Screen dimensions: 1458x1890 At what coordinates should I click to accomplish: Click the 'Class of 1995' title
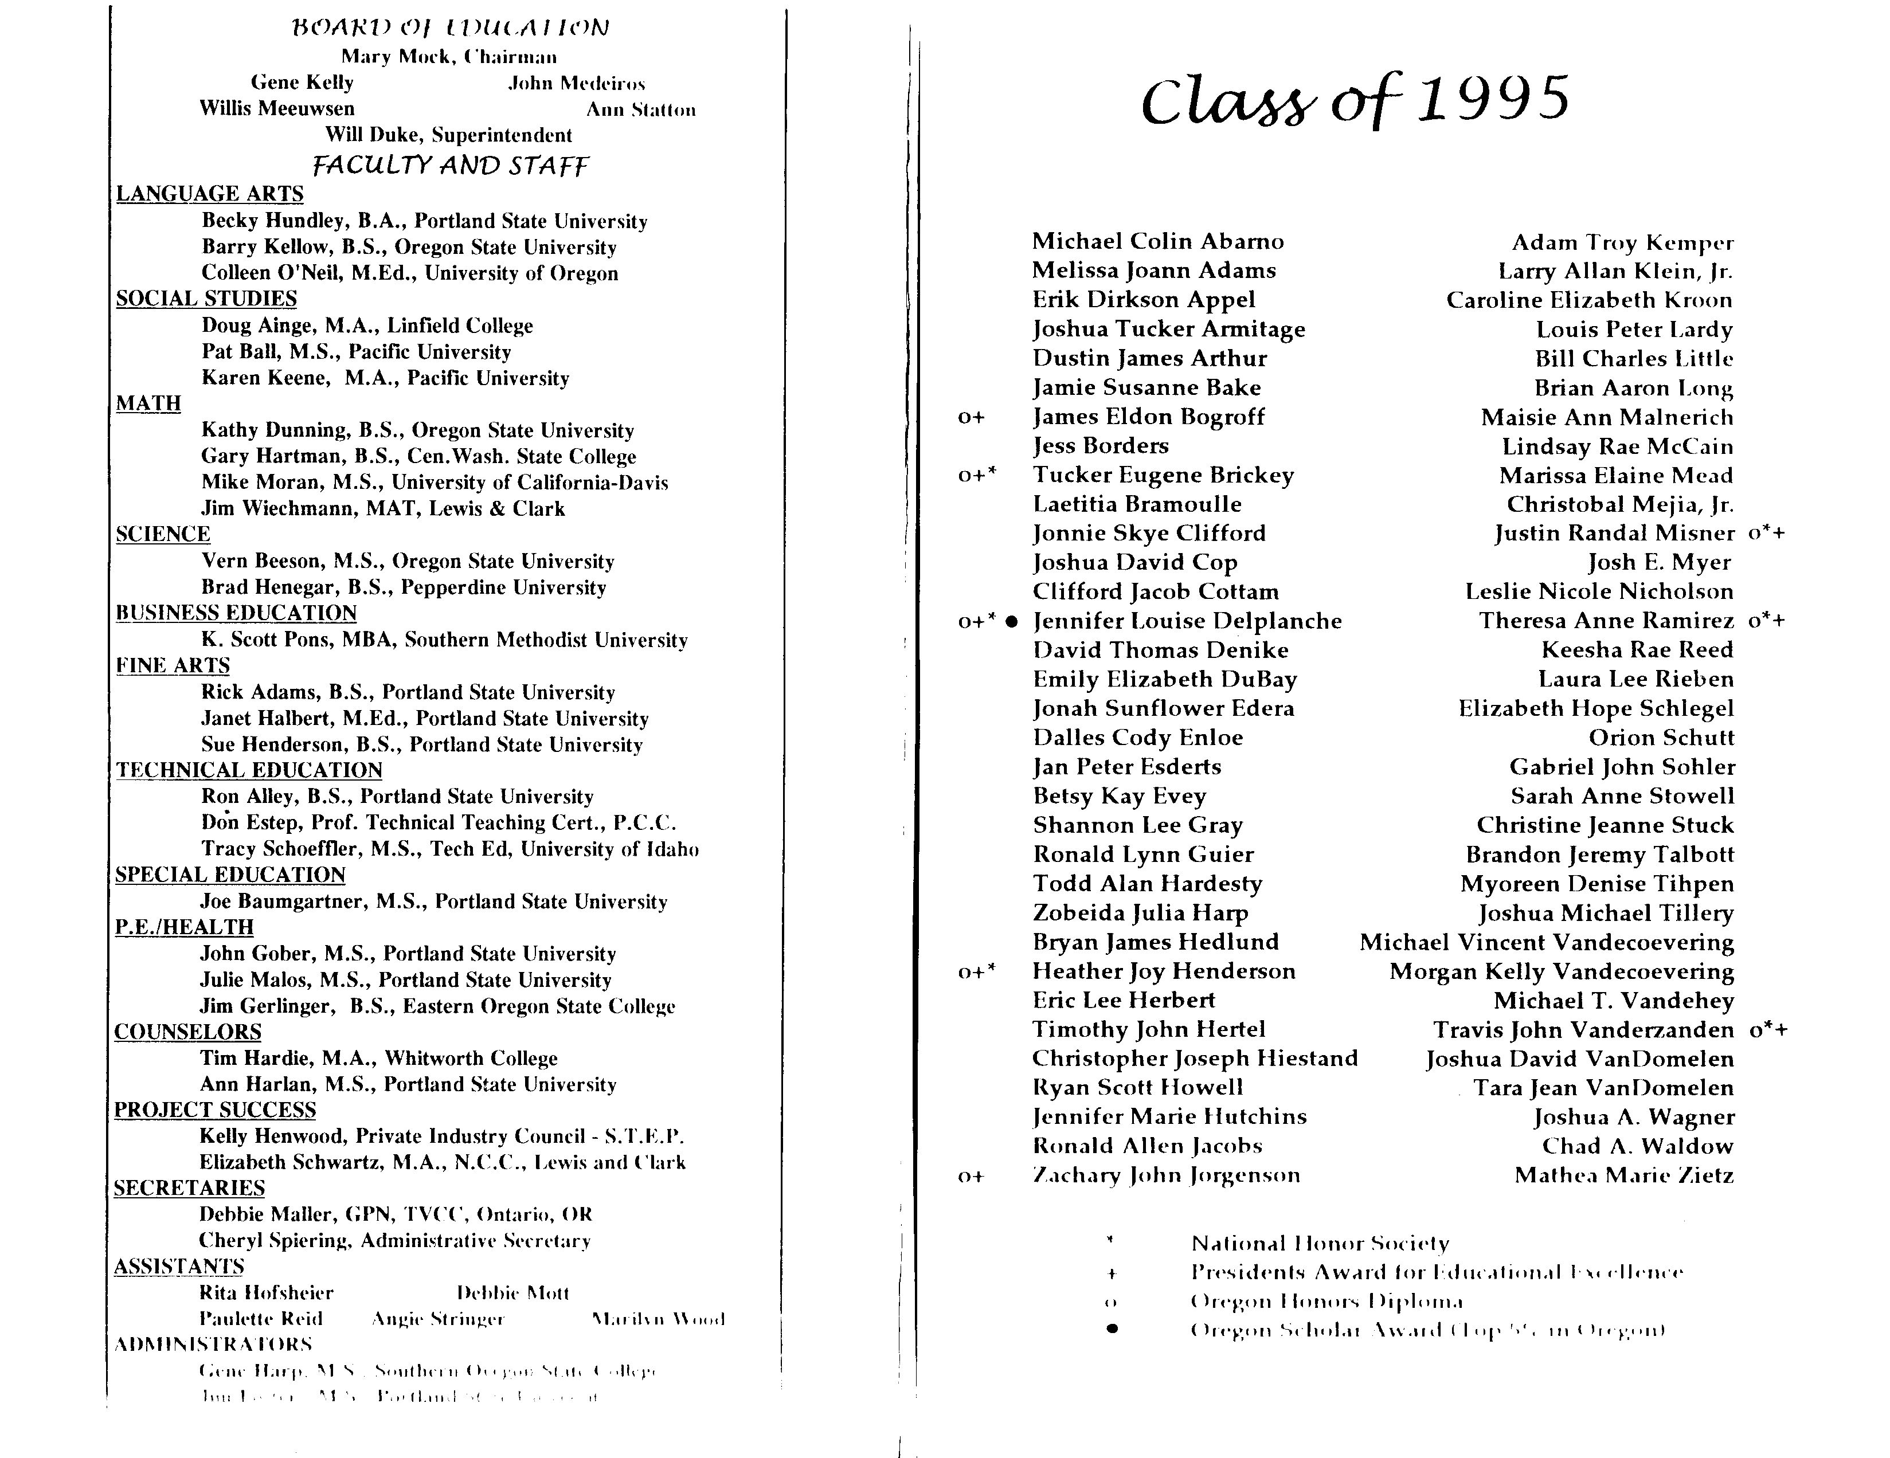pos(1355,100)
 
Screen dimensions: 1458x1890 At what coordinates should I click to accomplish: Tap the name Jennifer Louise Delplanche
pos(1187,621)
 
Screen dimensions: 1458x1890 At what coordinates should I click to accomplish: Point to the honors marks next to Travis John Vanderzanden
pos(1768,1030)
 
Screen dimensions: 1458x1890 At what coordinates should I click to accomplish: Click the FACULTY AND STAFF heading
pos(450,164)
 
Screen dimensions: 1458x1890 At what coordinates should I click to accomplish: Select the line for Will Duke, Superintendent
pos(448,135)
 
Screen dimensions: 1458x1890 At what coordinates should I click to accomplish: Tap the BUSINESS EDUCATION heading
pos(236,613)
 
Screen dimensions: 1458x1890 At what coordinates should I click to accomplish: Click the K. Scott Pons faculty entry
pos(444,640)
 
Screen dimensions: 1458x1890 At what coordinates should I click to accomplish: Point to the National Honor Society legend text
pos(1320,1244)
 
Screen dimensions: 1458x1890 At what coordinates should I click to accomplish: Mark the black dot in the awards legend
pos(1112,1329)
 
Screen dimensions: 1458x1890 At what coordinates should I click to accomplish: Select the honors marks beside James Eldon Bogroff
pos(971,417)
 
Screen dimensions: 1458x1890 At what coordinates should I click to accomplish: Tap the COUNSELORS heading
pos(188,1032)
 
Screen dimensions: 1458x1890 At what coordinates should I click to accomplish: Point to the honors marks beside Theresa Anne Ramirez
pos(1766,621)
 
